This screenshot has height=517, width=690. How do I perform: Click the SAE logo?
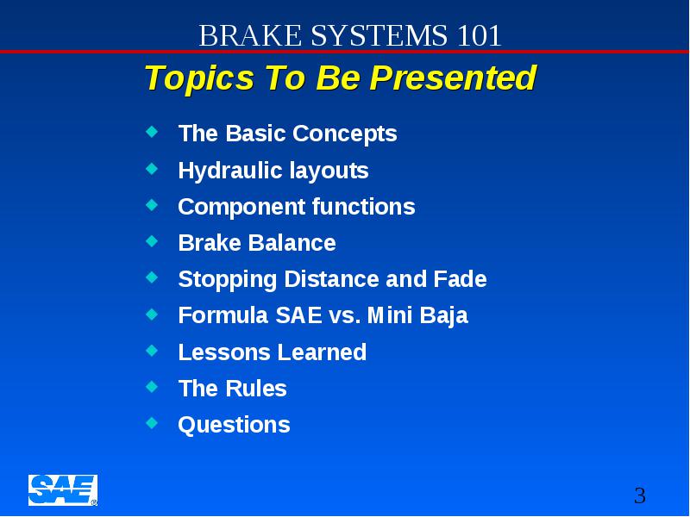(x=63, y=490)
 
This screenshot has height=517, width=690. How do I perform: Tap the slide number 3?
(x=640, y=495)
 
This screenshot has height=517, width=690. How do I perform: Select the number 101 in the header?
(x=479, y=35)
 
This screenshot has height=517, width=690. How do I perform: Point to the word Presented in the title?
(x=453, y=78)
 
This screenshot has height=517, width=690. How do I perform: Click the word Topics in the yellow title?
(x=200, y=78)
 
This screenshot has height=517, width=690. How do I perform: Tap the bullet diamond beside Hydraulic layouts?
(x=152, y=168)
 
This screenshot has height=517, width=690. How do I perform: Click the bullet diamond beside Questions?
(x=152, y=422)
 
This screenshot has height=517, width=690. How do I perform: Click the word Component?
(x=242, y=207)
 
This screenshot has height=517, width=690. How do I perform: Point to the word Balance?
(x=292, y=243)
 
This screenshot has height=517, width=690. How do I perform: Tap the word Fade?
(x=460, y=279)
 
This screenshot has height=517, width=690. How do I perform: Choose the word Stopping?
(x=228, y=280)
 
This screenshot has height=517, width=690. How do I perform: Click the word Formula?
(x=223, y=315)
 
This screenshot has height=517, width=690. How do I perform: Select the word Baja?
(x=443, y=316)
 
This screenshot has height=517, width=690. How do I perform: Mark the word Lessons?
(x=224, y=352)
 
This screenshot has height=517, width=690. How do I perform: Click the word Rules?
(x=256, y=389)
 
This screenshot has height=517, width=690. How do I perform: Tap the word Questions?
(x=234, y=425)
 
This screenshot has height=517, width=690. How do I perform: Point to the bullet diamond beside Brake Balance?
(x=152, y=241)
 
